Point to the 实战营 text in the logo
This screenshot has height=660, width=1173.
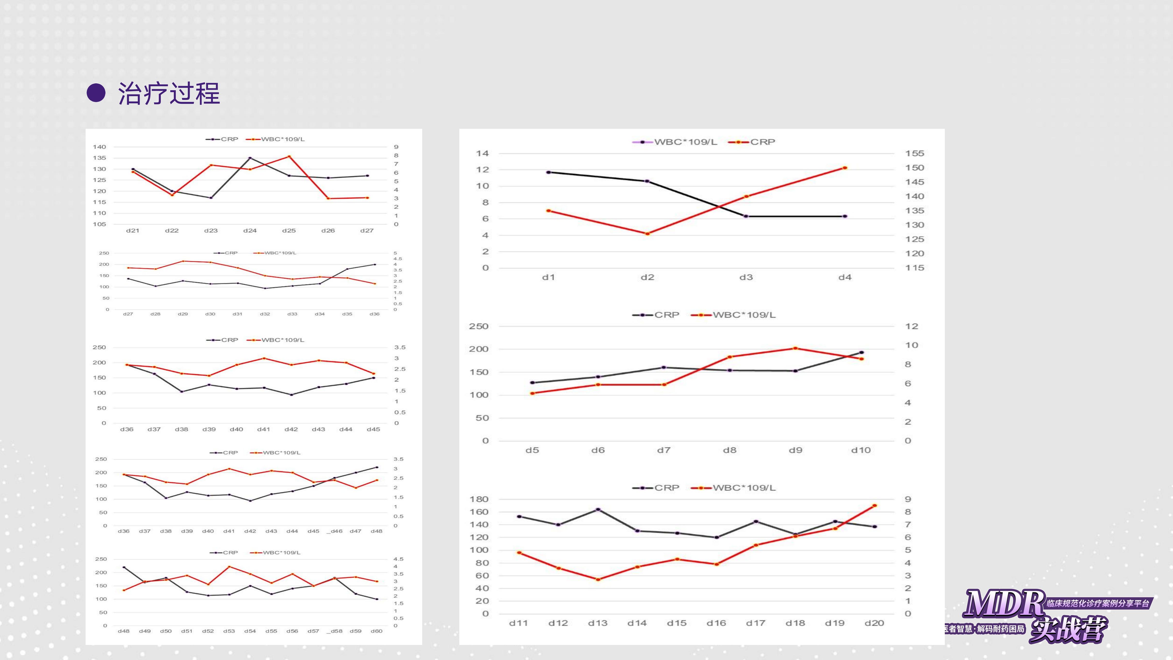point(1068,630)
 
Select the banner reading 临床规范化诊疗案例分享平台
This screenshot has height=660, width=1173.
point(1097,603)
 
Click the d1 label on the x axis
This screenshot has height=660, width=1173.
point(548,277)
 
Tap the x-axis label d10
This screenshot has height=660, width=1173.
point(861,450)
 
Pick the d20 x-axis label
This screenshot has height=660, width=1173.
point(874,623)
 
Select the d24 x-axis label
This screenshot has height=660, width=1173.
point(250,230)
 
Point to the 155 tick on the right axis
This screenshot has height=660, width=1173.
point(914,154)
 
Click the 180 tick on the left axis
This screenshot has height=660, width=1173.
point(479,499)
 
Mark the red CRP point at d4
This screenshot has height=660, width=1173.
point(845,168)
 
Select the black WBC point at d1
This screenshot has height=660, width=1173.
point(548,172)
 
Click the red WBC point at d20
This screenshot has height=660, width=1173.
point(874,505)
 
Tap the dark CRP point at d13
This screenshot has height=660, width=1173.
point(598,509)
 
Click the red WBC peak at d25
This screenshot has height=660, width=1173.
point(289,157)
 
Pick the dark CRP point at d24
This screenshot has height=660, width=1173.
point(250,158)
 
